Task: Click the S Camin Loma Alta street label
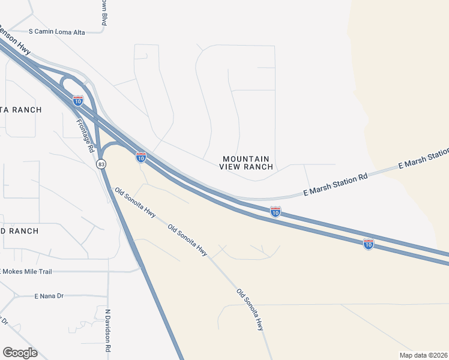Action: click(57, 31)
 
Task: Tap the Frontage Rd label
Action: click(85, 134)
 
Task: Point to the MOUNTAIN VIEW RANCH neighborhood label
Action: click(247, 163)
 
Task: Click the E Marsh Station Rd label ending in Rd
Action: click(335, 185)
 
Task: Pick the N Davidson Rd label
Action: click(109, 330)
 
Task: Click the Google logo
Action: click(20, 353)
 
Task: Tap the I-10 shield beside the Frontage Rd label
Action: click(78, 100)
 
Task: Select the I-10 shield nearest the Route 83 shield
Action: click(141, 157)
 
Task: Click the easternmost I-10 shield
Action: click(369, 244)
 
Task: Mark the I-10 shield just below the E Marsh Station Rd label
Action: click(275, 211)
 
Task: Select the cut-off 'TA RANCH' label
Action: click(21, 110)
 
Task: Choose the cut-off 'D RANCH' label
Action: click(19, 231)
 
